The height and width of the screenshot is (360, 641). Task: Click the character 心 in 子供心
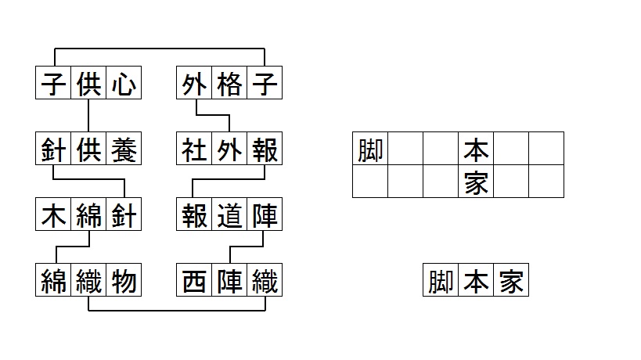(123, 84)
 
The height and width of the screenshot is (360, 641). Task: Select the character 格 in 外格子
(229, 84)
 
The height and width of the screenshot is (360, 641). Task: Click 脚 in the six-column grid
(369, 149)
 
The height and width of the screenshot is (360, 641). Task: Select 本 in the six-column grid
(476, 149)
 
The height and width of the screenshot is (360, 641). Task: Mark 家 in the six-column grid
(476, 182)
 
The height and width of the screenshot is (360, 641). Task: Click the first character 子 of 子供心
(53, 84)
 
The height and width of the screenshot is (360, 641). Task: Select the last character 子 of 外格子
(265, 84)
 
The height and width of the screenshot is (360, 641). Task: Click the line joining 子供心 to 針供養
(88, 116)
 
